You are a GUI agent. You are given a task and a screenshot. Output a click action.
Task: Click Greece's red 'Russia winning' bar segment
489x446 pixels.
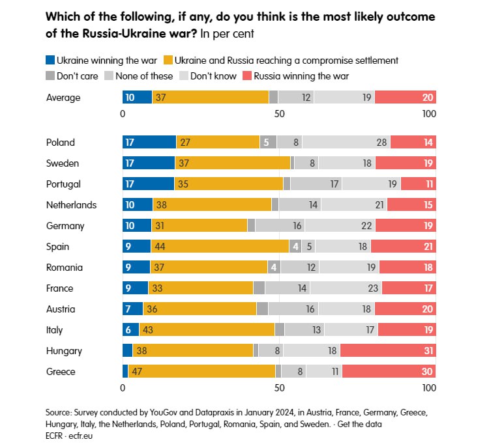coord(389,372)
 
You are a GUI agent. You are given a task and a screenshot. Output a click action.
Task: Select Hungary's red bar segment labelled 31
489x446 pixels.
coord(387,351)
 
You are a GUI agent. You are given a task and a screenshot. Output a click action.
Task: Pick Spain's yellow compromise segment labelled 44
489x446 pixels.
coord(220,247)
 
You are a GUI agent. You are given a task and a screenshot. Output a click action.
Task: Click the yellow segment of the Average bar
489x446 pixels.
coord(210,98)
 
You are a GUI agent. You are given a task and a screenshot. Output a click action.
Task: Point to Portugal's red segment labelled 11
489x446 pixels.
coord(418,184)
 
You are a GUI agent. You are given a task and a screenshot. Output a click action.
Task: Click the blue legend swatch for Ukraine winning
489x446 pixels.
coord(51,61)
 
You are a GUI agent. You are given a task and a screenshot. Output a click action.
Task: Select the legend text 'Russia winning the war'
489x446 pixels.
coord(302,76)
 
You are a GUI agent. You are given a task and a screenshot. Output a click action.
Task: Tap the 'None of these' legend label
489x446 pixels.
coord(144,76)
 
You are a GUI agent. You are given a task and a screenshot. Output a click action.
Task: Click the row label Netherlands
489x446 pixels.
coord(71,205)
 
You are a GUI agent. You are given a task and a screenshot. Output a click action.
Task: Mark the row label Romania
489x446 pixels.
coord(64,268)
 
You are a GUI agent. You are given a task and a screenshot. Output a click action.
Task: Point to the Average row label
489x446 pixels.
coord(63,98)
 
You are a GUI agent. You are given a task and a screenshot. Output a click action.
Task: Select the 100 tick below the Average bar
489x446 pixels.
coord(428,115)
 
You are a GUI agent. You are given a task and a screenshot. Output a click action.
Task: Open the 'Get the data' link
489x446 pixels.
coord(359,424)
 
